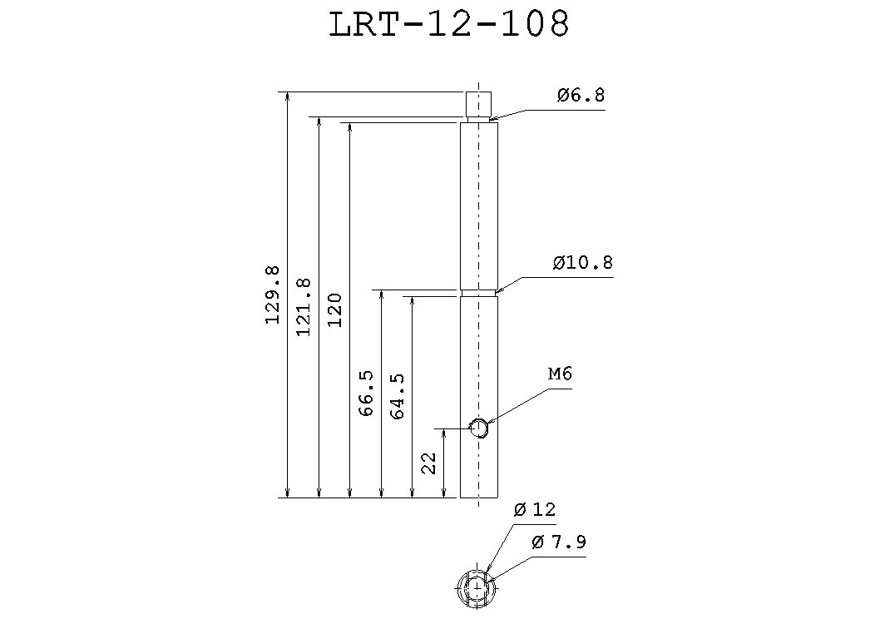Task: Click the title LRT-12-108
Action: [x=449, y=25]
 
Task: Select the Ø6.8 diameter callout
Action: [x=581, y=96]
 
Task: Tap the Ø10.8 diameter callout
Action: [x=582, y=264]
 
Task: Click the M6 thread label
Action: [x=560, y=375]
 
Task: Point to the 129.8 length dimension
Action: [x=273, y=295]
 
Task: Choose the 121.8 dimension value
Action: [x=304, y=307]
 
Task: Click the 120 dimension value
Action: [x=334, y=309]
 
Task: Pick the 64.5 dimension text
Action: [x=397, y=396]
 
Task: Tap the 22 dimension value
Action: [x=429, y=463]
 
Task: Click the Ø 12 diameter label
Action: [x=535, y=509]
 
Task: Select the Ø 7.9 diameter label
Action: [x=558, y=542]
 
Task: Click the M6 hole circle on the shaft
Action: [x=478, y=428]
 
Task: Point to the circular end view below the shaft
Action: [x=477, y=588]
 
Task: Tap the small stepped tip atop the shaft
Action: [x=478, y=104]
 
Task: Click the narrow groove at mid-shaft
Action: [x=478, y=293]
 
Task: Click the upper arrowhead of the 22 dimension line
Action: [x=444, y=433]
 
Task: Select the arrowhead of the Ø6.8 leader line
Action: [x=492, y=121]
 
